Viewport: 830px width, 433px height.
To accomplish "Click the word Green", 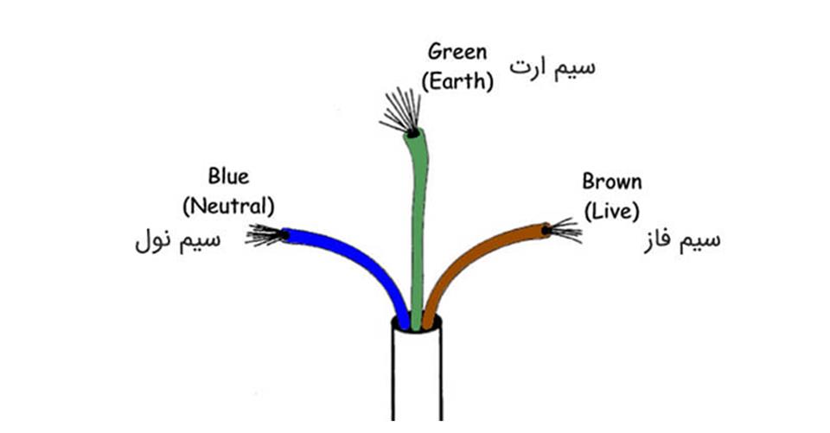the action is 457,52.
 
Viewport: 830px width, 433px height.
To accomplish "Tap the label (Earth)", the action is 457,81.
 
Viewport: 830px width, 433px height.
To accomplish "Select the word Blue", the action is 228,176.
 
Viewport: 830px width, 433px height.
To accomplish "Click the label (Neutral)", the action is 228,206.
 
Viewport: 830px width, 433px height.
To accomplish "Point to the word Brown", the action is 612,181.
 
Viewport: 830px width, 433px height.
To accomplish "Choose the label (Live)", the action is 612,211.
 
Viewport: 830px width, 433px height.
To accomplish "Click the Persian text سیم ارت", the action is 552,68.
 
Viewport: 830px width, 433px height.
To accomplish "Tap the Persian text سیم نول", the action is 178,241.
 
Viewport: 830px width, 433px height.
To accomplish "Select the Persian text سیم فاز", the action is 682,241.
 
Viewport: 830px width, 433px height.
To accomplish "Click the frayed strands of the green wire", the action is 402,111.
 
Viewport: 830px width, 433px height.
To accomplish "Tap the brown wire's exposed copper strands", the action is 565,230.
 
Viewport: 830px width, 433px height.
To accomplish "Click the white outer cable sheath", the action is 417,376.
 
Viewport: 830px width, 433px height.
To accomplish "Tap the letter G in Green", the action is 435,52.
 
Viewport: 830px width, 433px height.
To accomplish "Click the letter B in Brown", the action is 589,181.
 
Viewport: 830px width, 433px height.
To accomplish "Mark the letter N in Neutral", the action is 199,206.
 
